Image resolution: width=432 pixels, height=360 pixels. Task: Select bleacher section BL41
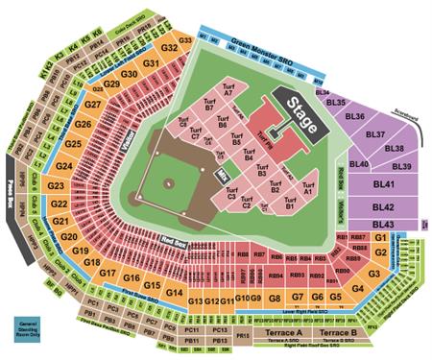(384, 184)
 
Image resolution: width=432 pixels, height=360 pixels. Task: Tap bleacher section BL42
(384, 206)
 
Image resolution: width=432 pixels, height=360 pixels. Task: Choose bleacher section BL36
(355, 116)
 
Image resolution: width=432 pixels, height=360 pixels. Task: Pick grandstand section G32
(170, 47)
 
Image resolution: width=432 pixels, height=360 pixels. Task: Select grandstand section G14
(174, 292)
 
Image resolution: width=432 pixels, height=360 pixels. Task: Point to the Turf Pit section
(266, 149)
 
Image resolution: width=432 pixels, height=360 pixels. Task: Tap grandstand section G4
(358, 286)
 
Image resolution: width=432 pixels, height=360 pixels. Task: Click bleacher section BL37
(387, 133)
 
